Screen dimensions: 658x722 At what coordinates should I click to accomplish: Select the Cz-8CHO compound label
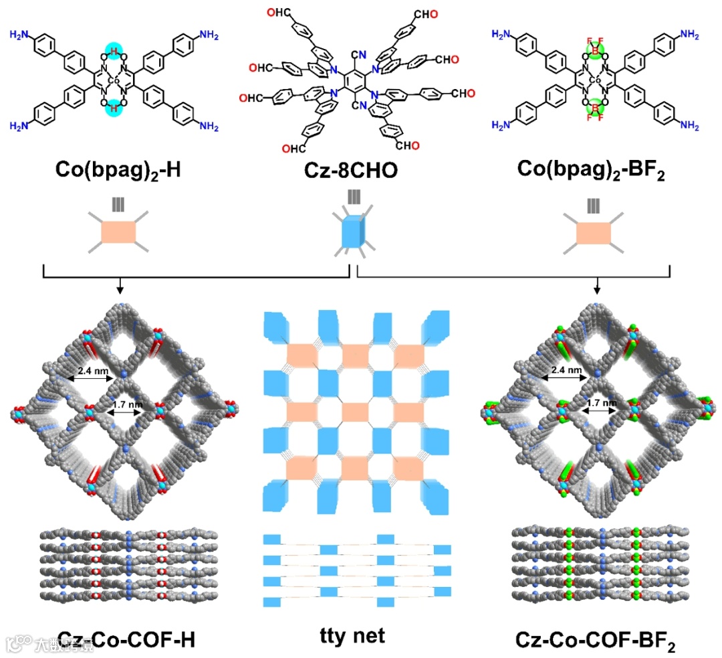[x=360, y=170]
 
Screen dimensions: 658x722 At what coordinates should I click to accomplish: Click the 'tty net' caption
[x=353, y=636]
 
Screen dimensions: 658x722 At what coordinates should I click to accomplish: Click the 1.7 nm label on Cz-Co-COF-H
[x=126, y=404]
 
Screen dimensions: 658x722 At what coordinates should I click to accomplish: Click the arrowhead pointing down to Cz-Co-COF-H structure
[x=120, y=290]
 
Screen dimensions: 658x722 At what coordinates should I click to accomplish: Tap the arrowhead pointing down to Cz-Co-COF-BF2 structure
[x=596, y=290]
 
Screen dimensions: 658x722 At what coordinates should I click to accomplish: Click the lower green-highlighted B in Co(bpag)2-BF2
[x=593, y=107]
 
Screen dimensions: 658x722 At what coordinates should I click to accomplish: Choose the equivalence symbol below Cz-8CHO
[x=353, y=198]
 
